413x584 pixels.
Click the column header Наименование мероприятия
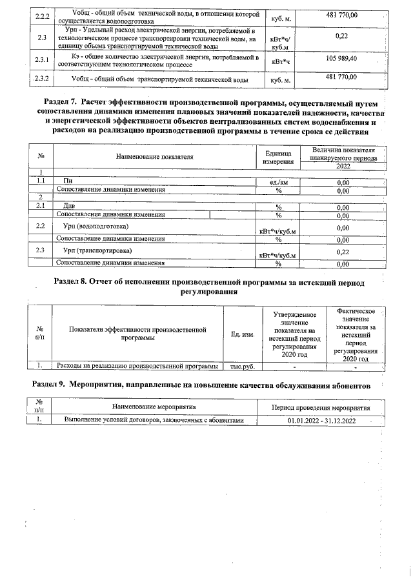pos(154,408)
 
